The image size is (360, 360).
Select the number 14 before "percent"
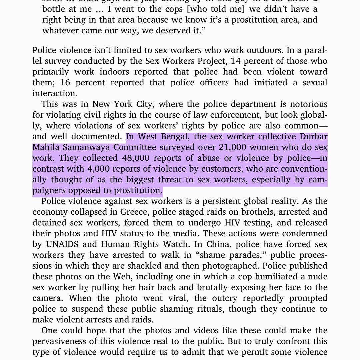236,61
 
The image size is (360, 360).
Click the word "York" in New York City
123,104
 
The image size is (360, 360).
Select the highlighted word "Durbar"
313,137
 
